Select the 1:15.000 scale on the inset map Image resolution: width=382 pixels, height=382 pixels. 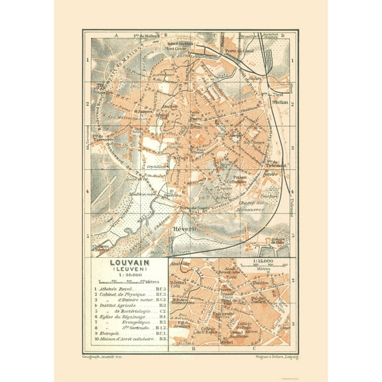[264, 263]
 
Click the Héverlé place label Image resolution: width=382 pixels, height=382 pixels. [187, 231]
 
